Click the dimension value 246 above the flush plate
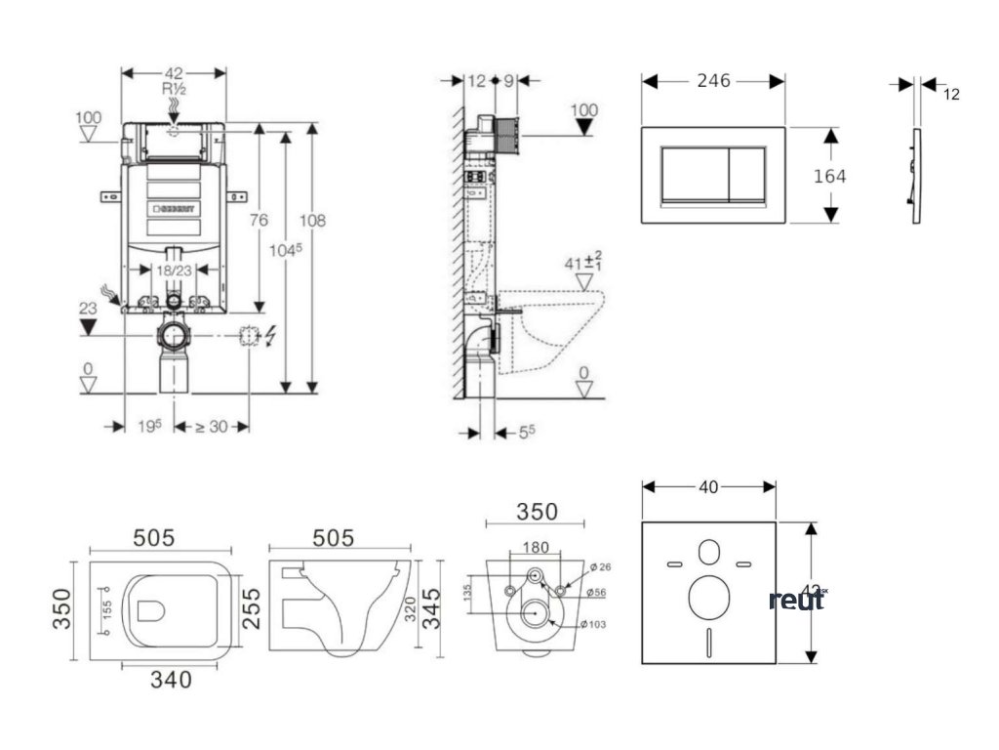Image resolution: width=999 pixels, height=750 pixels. (x=713, y=81)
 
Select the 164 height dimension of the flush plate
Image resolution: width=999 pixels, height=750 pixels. (x=830, y=176)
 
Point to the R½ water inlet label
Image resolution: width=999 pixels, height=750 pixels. (x=174, y=89)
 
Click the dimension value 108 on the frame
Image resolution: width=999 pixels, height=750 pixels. (x=313, y=221)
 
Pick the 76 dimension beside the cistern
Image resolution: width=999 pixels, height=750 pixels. (x=259, y=221)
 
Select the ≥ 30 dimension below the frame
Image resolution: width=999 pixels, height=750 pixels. (x=212, y=426)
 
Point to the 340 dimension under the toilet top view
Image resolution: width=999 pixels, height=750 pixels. (x=171, y=678)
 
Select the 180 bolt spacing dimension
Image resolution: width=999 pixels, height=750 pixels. (x=535, y=547)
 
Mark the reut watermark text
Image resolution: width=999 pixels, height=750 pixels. (x=796, y=600)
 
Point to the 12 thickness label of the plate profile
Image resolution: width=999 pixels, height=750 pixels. (x=952, y=95)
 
